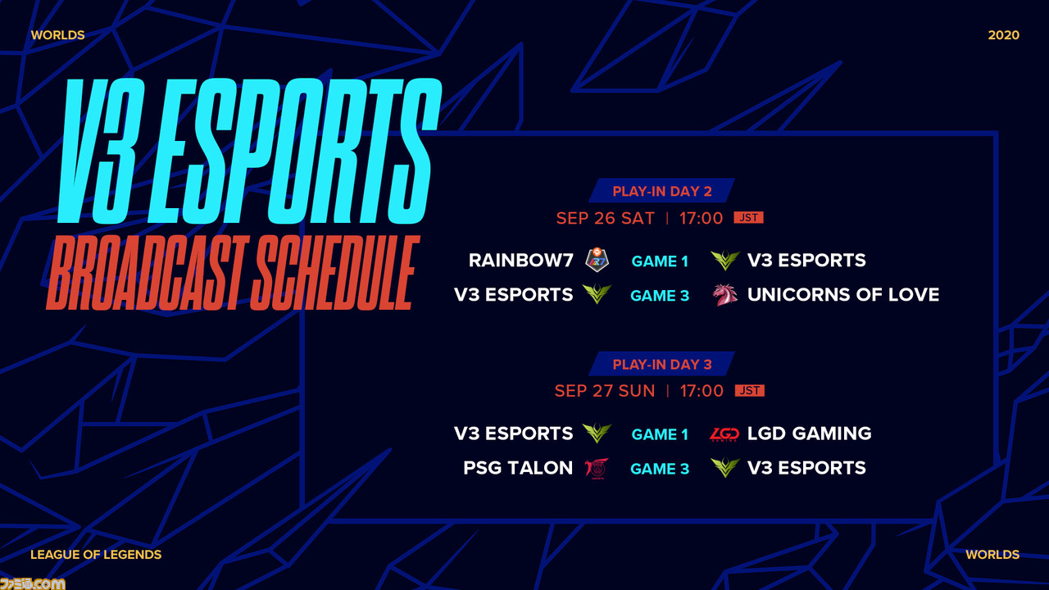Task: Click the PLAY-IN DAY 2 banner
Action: click(x=661, y=191)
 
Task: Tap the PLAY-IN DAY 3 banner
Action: click(x=661, y=364)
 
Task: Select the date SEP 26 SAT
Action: click(x=605, y=218)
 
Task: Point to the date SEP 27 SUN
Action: click(x=605, y=391)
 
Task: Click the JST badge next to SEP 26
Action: click(x=749, y=217)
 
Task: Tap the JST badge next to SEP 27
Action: click(x=750, y=391)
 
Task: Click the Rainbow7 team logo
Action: click(x=597, y=260)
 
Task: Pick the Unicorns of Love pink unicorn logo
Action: click(x=725, y=295)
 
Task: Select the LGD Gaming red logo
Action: click(x=724, y=434)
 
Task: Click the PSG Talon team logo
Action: click(x=597, y=468)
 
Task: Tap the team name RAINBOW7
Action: click(x=521, y=261)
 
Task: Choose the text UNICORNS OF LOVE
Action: click(x=843, y=295)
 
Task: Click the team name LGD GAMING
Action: click(x=809, y=433)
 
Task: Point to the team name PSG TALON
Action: click(x=518, y=468)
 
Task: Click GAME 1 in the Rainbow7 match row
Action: click(x=660, y=261)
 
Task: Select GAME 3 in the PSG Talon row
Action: click(x=660, y=469)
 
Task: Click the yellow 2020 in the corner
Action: click(x=1004, y=35)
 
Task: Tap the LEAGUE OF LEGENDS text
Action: click(x=96, y=555)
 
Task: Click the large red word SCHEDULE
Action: click(x=334, y=273)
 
